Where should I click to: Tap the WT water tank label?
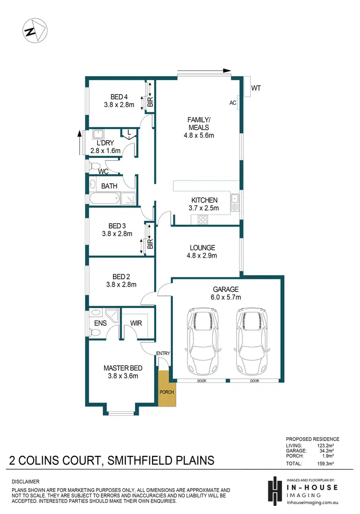(x=256, y=88)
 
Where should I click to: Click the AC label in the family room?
(x=233, y=103)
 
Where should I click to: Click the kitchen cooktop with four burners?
(x=203, y=220)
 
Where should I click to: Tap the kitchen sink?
(x=234, y=202)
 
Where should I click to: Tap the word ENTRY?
(x=163, y=354)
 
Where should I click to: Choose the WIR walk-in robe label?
(x=137, y=323)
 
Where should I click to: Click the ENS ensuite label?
(x=100, y=323)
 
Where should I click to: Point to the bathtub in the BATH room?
(x=104, y=198)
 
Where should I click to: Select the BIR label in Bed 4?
(x=150, y=101)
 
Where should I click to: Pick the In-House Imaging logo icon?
(x=275, y=490)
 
